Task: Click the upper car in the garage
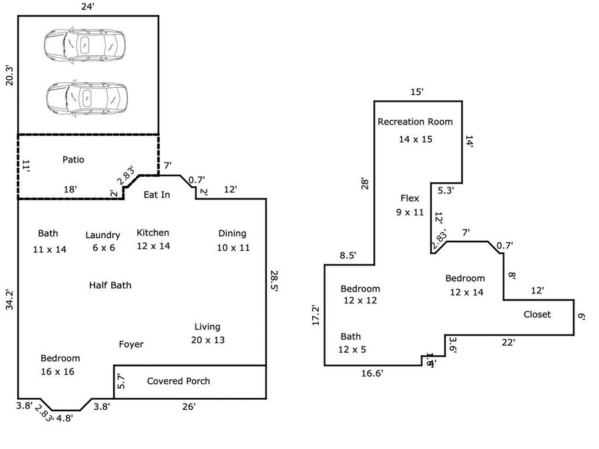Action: click(x=85, y=46)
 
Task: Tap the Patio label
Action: click(x=73, y=160)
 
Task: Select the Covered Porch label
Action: click(x=178, y=381)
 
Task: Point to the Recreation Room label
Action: click(x=415, y=122)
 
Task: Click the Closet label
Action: click(x=537, y=315)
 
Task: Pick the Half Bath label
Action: click(x=110, y=285)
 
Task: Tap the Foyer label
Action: click(x=131, y=345)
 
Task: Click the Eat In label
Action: click(x=157, y=195)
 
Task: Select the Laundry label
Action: click(x=102, y=235)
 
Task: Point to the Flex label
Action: click(x=409, y=198)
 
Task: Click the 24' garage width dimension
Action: click(x=87, y=7)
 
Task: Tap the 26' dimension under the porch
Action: click(x=189, y=406)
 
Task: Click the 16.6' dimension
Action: click(x=372, y=374)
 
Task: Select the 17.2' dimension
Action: click(x=316, y=315)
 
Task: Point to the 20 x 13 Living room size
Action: click(x=207, y=340)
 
